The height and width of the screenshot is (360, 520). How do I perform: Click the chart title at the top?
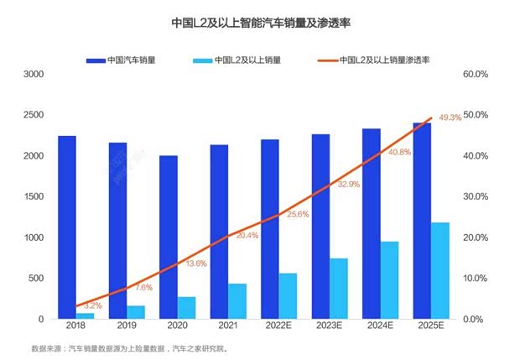coord(259,23)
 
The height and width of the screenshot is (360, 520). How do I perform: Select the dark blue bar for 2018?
coord(67,227)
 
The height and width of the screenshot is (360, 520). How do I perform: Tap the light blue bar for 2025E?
coord(440,270)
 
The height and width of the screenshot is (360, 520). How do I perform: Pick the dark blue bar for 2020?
coord(169,237)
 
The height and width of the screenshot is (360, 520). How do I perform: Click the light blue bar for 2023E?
coord(339,289)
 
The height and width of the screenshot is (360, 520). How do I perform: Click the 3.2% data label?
coord(93,306)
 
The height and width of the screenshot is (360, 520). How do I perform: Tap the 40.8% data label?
coord(398,152)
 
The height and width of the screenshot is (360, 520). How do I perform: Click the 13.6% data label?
coord(195,263)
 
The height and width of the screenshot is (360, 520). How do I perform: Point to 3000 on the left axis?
coord(33,74)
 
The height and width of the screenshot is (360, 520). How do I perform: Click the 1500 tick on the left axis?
coord(33,196)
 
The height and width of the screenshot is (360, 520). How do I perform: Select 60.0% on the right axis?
coord(475,74)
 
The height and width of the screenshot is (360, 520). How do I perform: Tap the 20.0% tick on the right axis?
coord(475,237)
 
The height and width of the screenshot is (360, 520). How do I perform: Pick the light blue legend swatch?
coord(201,60)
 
